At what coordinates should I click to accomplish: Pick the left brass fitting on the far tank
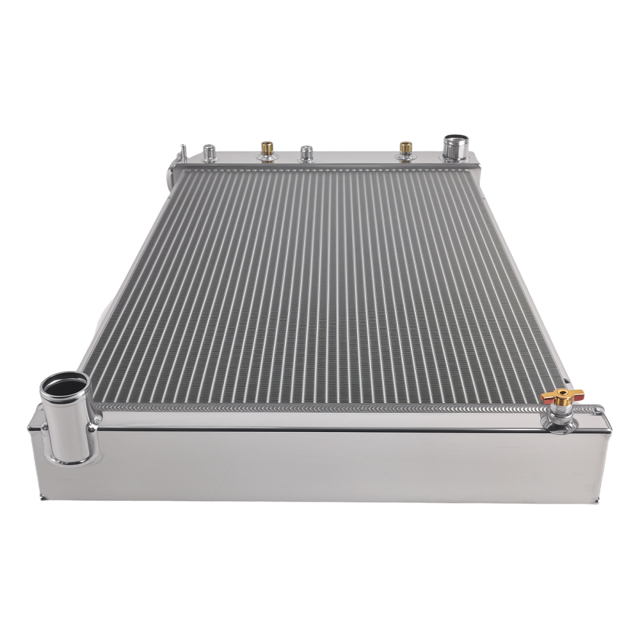(x=267, y=151)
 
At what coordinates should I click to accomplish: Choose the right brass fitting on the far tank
(x=405, y=151)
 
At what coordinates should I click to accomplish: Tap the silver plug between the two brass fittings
(x=307, y=154)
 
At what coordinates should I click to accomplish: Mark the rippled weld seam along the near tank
(x=320, y=407)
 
